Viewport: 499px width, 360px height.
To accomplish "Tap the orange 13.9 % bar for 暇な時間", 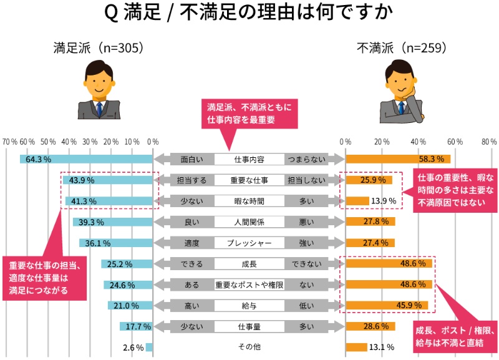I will click(x=357, y=201).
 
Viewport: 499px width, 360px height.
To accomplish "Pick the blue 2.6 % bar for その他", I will click(x=150, y=347).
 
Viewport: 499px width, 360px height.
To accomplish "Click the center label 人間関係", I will click(x=249, y=221).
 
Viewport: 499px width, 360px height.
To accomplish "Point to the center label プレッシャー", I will click(x=249, y=243).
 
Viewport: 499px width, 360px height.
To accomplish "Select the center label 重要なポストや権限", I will click(x=249, y=285).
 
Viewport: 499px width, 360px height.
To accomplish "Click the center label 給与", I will click(x=249, y=306).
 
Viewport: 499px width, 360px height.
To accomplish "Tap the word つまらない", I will click(x=305, y=159).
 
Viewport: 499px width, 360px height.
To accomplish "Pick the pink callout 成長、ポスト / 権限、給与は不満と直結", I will click(x=456, y=336).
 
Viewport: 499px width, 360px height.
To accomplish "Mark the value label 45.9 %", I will click(x=413, y=306).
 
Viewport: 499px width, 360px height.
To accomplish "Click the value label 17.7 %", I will click(x=138, y=326).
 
